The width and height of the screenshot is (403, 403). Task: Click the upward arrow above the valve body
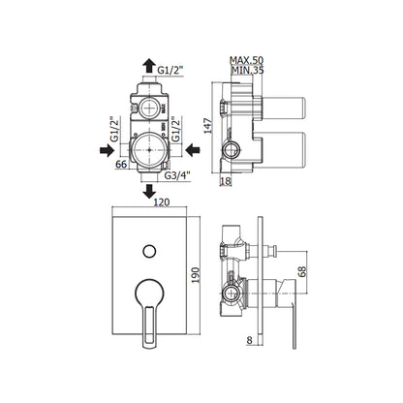149,66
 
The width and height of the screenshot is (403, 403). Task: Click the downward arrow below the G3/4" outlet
149,191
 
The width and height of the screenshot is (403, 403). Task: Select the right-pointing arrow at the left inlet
107,150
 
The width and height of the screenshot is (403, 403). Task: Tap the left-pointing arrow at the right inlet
193,150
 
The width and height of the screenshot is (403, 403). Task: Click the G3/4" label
177,175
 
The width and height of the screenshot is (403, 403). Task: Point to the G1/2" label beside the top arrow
170,70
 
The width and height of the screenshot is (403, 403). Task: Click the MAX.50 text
246,60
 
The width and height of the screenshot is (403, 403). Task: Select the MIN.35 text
248,70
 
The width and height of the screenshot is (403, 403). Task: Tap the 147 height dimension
208,126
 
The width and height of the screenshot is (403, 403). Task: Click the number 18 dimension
226,181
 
